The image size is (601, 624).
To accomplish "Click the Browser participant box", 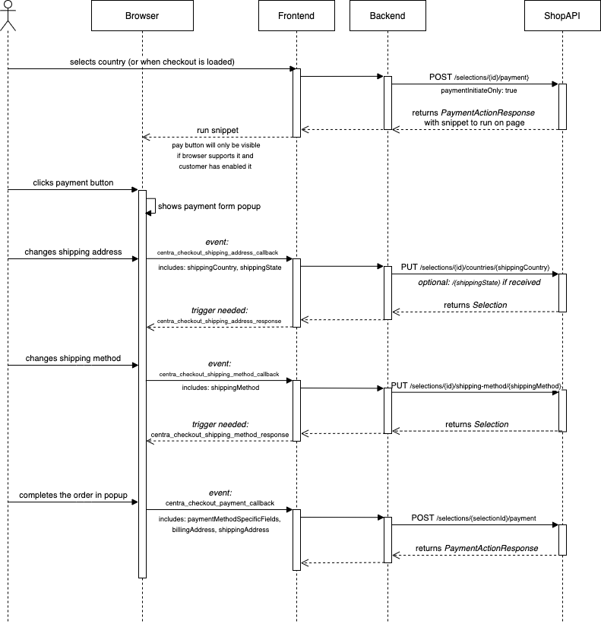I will [142, 16].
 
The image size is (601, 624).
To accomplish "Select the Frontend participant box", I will [296, 16].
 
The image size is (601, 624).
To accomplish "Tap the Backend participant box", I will [387, 16].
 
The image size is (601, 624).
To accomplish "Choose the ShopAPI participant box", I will [562, 16].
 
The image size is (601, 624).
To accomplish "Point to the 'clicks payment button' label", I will [73, 183].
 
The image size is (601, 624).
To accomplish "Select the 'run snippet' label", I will [217, 130].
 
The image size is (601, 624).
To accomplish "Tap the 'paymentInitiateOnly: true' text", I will [479, 90].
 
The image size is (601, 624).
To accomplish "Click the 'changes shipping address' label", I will [73, 252].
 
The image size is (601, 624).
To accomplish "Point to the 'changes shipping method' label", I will [73, 358].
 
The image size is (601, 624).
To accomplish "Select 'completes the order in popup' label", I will [73, 495].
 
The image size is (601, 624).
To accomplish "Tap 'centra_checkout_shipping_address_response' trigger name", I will [219, 322].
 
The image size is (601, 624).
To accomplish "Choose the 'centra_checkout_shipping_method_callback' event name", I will [219, 374].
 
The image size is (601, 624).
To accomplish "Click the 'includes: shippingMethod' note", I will [220, 388].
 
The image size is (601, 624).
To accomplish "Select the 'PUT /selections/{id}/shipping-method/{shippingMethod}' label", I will [476, 386].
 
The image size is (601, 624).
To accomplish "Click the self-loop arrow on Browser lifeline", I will [153, 206].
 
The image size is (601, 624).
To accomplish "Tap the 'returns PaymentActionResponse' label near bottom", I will [476, 548].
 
